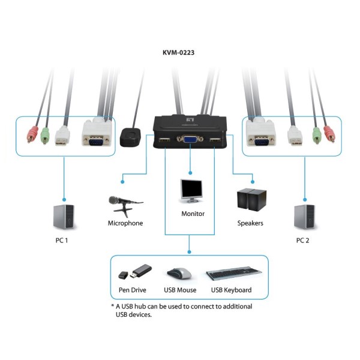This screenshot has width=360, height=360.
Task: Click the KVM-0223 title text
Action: [x=178, y=53]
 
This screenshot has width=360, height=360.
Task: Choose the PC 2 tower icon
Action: [x=304, y=216]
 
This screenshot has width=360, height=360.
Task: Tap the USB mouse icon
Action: [x=179, y=274]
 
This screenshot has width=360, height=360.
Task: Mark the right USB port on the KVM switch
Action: [x=215, y=142]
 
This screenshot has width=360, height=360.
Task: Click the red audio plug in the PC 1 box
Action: [x=32, y=135]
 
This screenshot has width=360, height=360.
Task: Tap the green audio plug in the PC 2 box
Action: [x=316, y=136]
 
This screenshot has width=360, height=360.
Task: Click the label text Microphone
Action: [x=125, y=223]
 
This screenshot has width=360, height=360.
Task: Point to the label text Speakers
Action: [x=250, y=223]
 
